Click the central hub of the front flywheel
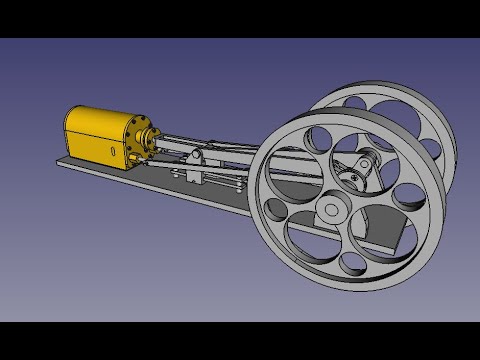coord(329,209)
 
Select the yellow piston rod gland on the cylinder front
coord(151,140)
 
